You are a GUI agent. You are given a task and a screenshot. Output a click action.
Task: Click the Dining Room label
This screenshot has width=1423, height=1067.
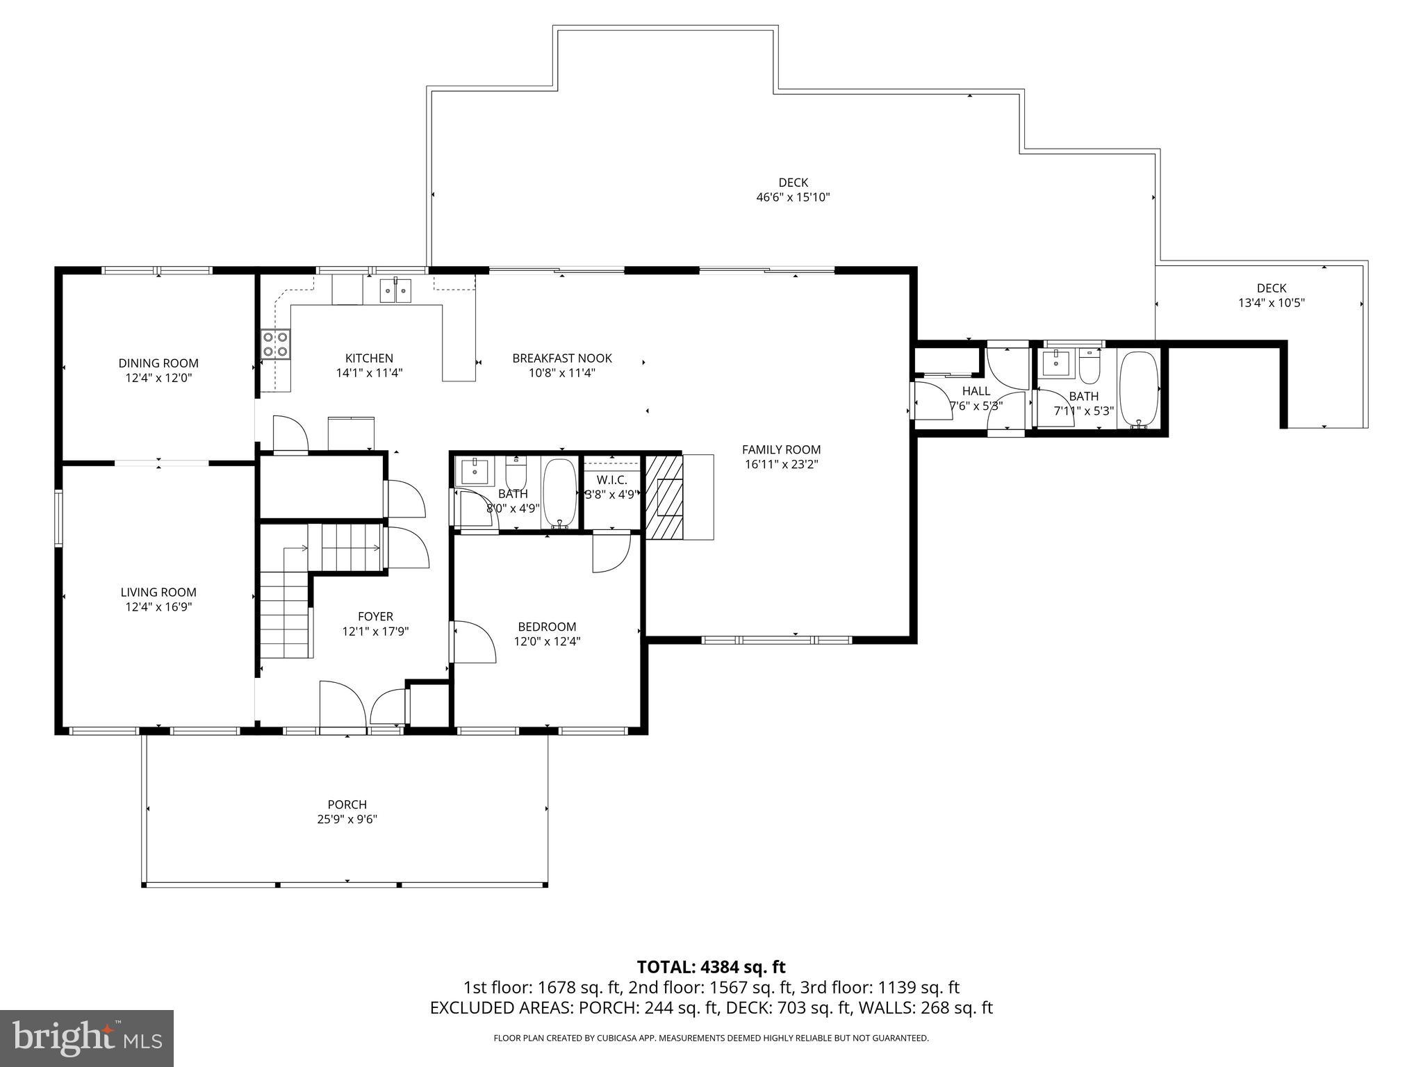(158, 363)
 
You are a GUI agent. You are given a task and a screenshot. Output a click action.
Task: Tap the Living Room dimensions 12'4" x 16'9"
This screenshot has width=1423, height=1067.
(158, 607)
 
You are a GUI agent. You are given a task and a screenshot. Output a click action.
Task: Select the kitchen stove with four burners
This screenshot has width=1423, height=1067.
(276, 344)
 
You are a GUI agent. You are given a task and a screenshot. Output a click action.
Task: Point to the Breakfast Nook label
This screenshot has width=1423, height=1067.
(561, 358)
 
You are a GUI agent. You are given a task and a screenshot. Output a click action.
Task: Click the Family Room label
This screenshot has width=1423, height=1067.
(781, 449)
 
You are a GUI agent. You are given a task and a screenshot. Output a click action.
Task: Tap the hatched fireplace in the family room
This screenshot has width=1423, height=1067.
(664, 497)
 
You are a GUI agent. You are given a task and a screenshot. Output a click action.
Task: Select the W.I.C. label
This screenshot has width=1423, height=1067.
(611, 480)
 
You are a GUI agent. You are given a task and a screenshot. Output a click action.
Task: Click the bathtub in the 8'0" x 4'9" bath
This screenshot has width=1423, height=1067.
(559, 492)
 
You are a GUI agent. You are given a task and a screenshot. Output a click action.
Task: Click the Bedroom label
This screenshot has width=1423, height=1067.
(547, 627)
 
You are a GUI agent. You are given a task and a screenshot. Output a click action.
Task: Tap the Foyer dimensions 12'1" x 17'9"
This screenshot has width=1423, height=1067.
(375, 631)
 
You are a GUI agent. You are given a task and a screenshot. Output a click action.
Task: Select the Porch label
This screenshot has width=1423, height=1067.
(347, 804)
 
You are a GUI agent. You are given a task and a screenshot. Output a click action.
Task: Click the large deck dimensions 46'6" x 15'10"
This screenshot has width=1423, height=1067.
(793, 197)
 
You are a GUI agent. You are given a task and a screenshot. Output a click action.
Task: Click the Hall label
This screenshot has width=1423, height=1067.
(976, 391)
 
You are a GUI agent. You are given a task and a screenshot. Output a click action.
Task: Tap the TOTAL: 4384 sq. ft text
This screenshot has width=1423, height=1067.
(711, 967)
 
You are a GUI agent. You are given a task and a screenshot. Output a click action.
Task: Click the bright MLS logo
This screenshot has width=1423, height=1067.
(87, 1038)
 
